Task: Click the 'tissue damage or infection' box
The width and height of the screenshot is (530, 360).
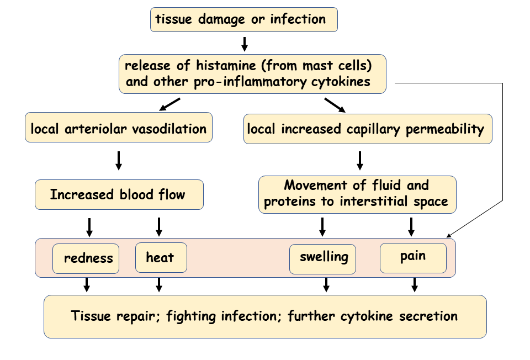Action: point(243,19)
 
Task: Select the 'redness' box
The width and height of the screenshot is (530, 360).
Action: point(86,258)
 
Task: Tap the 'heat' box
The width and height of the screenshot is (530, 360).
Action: point(161,258)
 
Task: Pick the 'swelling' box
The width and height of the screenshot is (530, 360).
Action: point(324,258)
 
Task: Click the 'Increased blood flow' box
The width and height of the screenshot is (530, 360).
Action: point(119,194)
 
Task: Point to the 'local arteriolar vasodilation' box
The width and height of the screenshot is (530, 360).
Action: point(118,129)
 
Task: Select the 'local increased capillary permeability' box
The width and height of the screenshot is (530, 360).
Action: point(367,129)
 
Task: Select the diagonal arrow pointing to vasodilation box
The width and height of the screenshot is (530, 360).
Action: point(170,104)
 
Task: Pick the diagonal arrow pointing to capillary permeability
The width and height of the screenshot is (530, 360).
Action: point(335,104)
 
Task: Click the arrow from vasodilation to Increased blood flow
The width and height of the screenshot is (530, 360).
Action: point(118,160)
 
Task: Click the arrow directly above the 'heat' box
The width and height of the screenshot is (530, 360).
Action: point(160,226)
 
